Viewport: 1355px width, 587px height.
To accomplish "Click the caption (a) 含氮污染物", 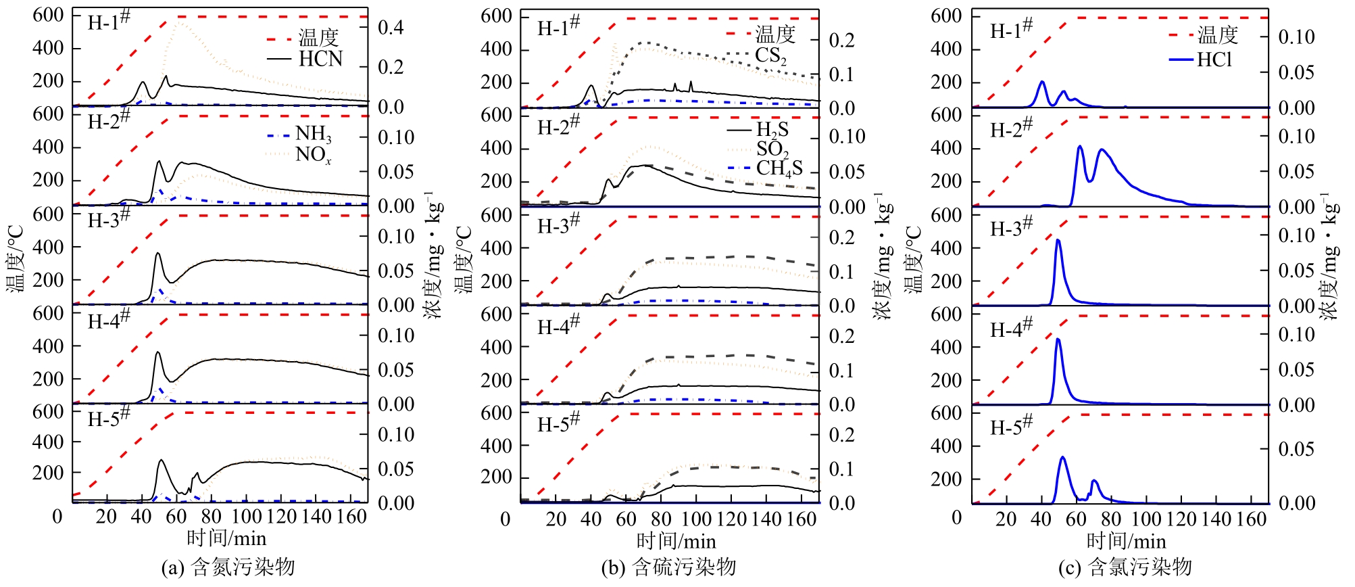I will point(228,567).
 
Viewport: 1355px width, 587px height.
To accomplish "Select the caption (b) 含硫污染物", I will point(668,567).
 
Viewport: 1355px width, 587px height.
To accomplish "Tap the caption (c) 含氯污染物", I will point(1124,567).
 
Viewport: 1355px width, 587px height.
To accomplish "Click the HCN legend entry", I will point(320,59).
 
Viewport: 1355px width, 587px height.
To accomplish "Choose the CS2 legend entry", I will point(771,55).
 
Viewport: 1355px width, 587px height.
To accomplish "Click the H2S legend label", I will point(772,129).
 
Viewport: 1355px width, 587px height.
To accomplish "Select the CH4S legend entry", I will point(779,168).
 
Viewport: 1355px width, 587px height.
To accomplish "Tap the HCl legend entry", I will point(1214,60).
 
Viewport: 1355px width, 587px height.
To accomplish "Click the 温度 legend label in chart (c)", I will point(1218,34).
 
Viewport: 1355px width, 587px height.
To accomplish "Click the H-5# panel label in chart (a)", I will point(108,419).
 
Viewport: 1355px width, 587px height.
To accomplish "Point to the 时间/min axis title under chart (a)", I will point(226,538).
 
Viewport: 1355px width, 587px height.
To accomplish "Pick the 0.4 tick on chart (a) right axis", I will point(391,28).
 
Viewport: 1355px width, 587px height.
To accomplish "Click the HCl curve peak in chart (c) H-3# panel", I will point(1058,240).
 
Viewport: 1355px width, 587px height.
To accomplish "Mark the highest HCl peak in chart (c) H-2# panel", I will point(1080,146).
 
